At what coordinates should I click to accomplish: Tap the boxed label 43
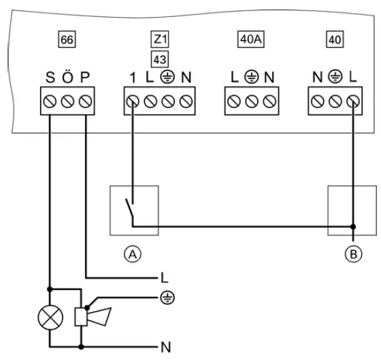coord(160,60)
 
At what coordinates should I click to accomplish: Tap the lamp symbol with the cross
coord(50,318)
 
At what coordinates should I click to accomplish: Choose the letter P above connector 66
coord(85,78)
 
